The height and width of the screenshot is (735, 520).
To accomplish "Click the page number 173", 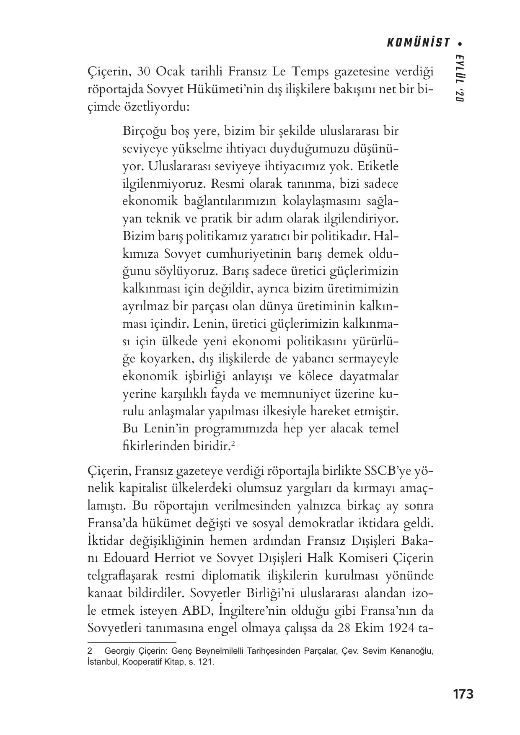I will (463, 694).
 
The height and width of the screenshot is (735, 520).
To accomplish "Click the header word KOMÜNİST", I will (418, 43).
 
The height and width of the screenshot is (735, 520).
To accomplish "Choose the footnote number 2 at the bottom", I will (90, 652).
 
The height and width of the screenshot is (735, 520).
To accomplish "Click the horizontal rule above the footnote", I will (132, 642).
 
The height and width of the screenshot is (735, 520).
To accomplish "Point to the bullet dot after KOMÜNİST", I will (460, 43).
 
